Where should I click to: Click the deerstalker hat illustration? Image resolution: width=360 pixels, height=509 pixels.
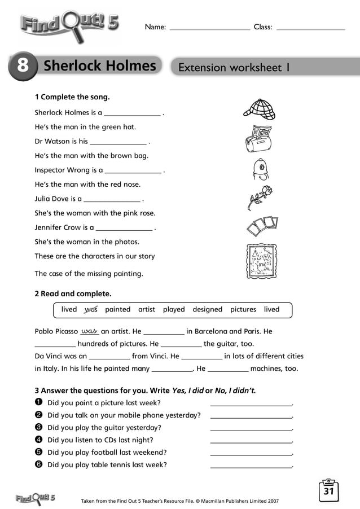[x=259, y=109]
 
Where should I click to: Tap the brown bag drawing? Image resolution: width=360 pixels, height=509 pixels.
[x=258, y=139]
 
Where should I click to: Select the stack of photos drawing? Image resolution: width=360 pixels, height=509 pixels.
[x=262, y=226]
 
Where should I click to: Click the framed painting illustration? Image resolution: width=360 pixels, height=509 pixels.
[x=261, y=262]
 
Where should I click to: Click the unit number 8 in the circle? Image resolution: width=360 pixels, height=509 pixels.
[x=23, y=66]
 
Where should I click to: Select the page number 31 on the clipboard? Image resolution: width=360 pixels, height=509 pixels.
[x=329, y=492]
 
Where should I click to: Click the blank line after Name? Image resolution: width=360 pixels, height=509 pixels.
[x=209, y=27]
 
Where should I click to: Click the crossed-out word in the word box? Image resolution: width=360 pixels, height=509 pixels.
[x=91, y=309]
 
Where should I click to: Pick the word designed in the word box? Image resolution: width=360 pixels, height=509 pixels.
[x=207, y=309]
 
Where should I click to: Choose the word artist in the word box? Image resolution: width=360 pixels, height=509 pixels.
[x=147, y=309]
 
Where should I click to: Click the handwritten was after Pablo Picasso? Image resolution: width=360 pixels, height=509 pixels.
[x=90, y=331]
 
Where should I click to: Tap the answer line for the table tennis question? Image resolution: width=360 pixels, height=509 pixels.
[x=251, y=466]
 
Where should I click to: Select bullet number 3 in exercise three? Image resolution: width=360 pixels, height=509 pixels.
[x=38, y=428]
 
